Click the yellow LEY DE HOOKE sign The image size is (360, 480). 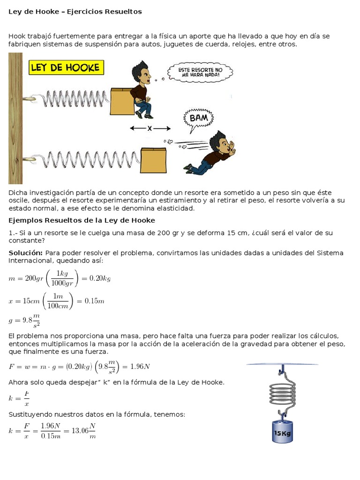pos(66,67)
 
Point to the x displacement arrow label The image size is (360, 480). pos(150,128)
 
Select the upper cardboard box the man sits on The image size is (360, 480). pos(122,101)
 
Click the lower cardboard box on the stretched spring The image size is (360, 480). pos(153,160)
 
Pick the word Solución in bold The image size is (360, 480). pos(25,253)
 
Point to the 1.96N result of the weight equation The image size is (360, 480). pos(140,366)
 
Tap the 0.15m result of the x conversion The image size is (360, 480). pos(94,301)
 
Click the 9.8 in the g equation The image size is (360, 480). pos(27,320)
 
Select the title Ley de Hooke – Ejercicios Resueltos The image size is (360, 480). pos(75,12)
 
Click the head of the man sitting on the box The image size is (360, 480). pos(142,73)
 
